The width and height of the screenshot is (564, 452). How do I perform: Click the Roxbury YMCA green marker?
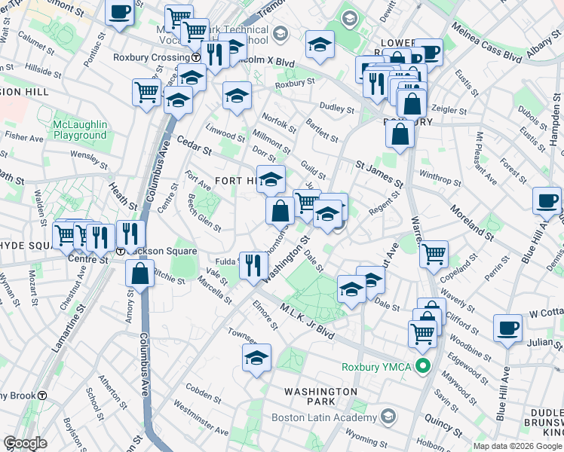coord(423,368)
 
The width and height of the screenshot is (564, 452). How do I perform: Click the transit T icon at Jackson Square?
coord(121,251)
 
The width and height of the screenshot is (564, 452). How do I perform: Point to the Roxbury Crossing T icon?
coord(195,57)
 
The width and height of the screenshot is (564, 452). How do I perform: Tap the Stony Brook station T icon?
coord(42,395)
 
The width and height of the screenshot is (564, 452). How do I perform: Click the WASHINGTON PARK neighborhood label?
coord(320,397)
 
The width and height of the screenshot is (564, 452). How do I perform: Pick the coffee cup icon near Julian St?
coord(507,328)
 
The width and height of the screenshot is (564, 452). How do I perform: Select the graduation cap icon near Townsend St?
coord(256,357)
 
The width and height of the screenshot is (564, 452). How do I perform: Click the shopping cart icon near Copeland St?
coord(434,254)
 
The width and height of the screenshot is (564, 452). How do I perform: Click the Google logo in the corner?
coord(25,443)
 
